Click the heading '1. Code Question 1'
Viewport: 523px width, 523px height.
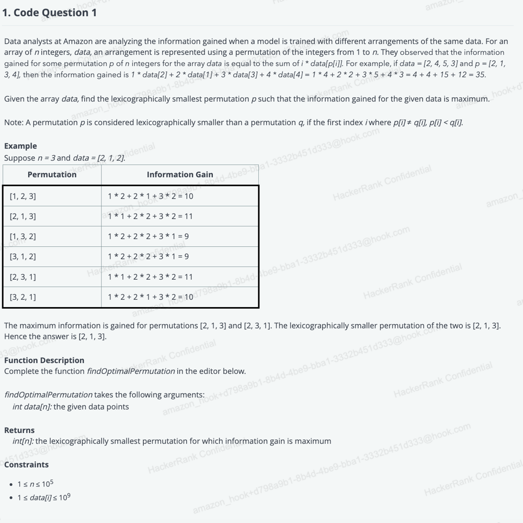point(50,13)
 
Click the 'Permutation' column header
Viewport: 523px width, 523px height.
point(52,175)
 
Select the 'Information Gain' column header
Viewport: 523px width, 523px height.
point(180,175)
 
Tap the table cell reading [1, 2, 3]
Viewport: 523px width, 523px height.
point(23,196)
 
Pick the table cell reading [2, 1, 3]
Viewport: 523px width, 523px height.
point(23,216)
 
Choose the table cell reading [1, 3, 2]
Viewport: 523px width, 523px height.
point(23,236)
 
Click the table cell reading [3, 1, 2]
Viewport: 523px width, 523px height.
point(23,256)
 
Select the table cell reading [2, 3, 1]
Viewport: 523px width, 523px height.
point(23,277)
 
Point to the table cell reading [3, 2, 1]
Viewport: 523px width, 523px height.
point(23,297)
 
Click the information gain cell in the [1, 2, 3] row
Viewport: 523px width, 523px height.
point(151,196)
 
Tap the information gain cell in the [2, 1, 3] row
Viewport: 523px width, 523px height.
point(151,216)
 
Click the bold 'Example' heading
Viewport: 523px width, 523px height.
point(20,146)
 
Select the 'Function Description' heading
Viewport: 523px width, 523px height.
point(44,360)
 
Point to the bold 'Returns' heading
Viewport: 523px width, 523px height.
point(19,430)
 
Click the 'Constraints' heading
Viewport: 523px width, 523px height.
point(26,464)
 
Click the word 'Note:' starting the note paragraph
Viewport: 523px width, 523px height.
point(14,122)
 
